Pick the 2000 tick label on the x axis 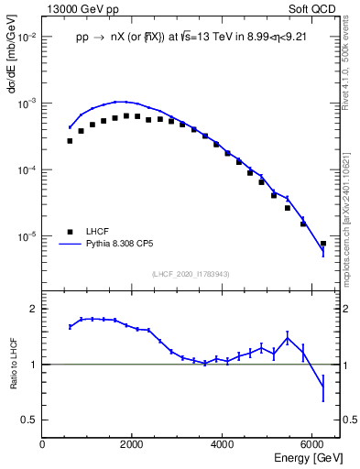(x=132, y=444)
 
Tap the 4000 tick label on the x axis (x=222, y=444)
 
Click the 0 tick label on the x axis (x=42, y=444)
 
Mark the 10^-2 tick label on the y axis (x=27, y=38)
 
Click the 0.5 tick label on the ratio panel (x=29, y=420)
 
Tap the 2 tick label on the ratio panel (x=34, y=309)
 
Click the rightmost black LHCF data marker (x=322, y=244)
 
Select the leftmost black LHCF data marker (x=70, y=141)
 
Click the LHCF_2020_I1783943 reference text (x=191, y=274)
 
